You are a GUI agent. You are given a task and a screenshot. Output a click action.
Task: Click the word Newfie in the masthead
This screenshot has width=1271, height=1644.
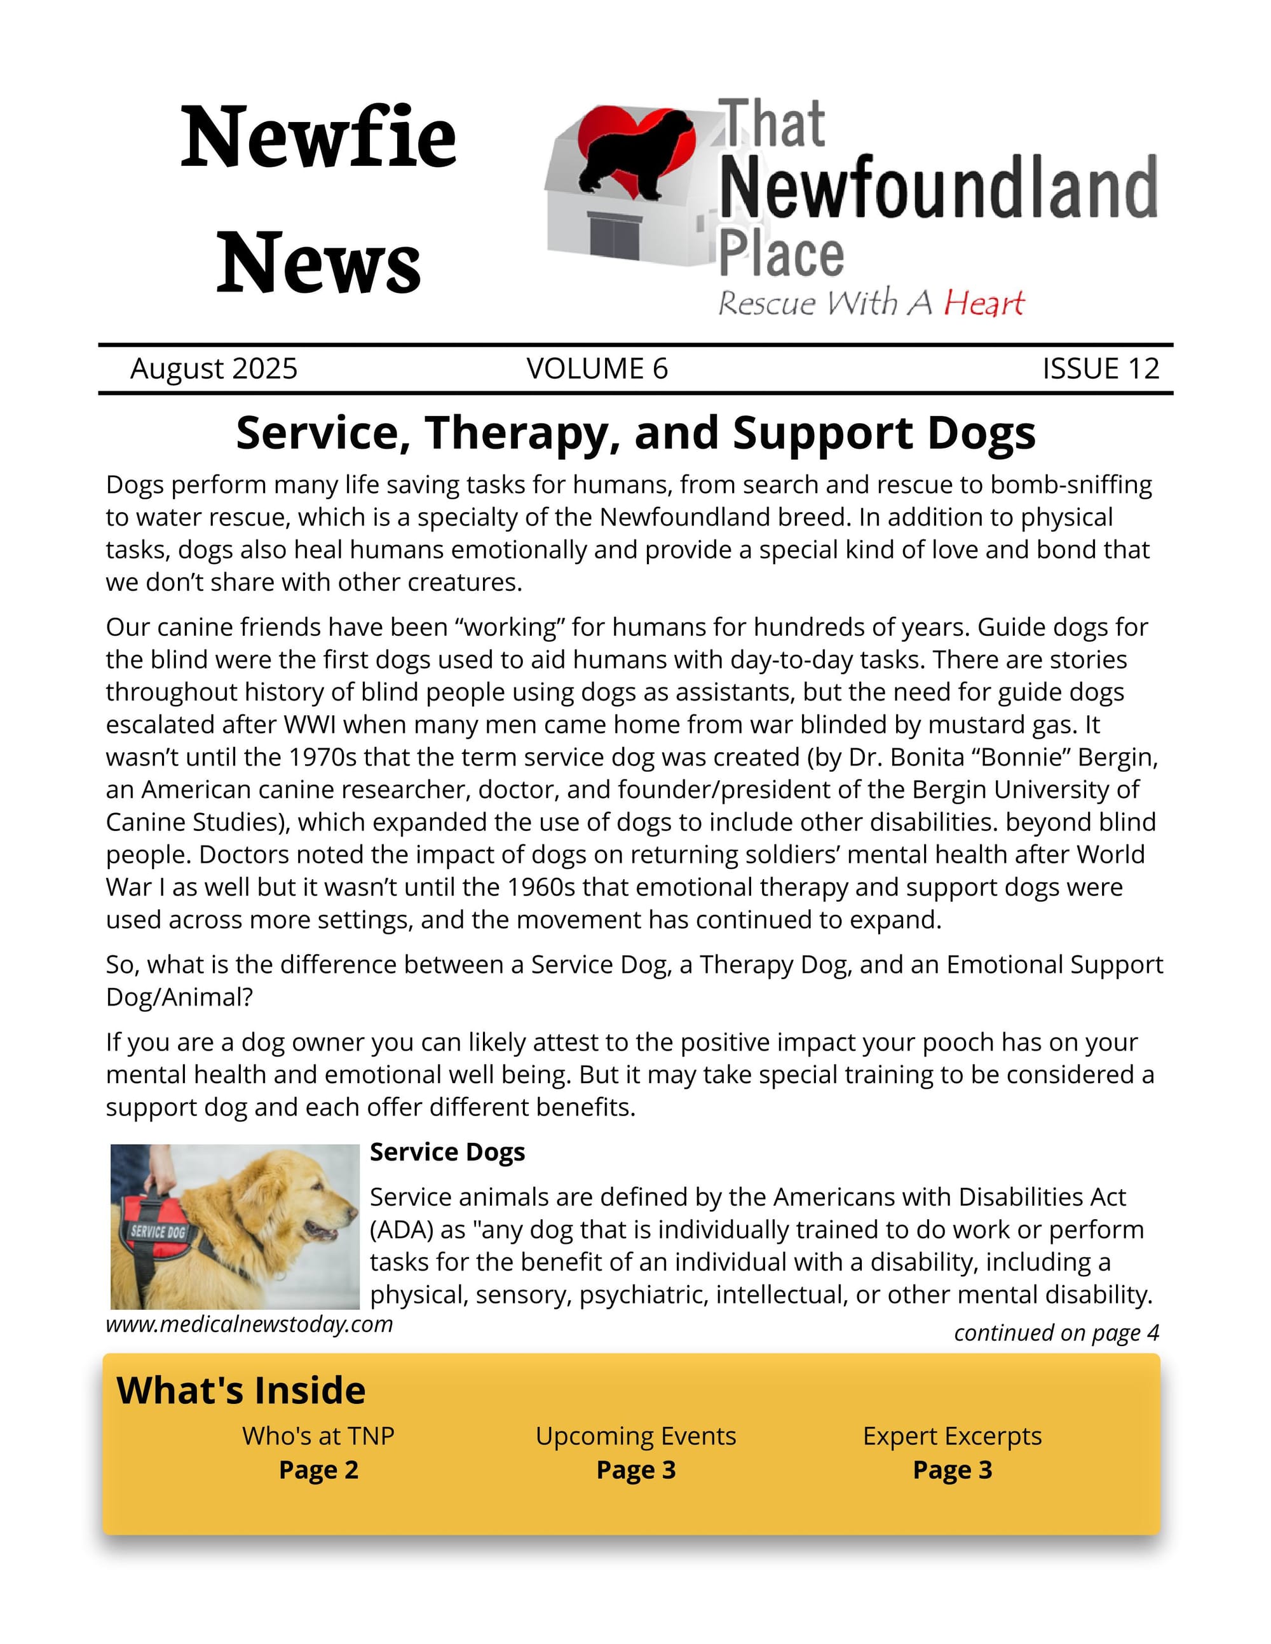(318, 138)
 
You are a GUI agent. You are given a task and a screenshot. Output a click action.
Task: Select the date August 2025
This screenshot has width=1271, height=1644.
(214, 369)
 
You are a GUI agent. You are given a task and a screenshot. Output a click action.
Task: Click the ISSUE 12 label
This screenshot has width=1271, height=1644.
(1100, 369)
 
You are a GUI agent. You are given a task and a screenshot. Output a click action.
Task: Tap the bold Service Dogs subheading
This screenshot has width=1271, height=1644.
(447, 1152)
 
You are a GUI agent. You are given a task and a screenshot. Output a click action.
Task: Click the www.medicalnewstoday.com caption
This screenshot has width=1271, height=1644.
(249, 1324)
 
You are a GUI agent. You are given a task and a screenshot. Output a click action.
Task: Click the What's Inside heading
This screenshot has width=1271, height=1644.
(241, 1391)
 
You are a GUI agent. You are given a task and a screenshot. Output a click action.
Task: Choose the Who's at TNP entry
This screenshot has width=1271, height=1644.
(318, 1436)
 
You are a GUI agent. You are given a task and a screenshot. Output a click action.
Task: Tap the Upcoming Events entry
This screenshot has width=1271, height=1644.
(635, 1436)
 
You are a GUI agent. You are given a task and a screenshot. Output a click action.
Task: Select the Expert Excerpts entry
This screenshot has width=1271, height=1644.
(952, 1436)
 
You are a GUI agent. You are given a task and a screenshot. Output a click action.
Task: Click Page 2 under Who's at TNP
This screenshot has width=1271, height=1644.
(318, 1470)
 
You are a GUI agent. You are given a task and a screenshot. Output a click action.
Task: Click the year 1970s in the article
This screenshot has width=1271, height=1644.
(323, 757)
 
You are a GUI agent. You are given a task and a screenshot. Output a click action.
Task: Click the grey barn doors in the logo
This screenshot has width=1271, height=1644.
(615, 237)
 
